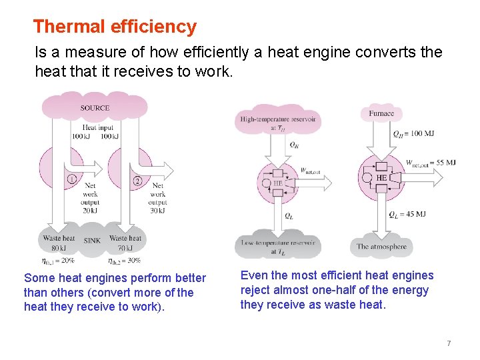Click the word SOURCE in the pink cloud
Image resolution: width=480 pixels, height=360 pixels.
tap(95, 108)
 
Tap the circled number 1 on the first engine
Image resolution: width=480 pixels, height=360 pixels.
tap(71, 179)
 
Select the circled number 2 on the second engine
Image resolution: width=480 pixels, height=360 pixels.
tap(137, 180)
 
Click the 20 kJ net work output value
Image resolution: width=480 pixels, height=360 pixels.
tap(90, 211)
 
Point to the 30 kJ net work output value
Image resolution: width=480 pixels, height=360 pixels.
tap(157, 211)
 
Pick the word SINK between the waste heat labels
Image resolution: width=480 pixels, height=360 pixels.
tap(92, 240)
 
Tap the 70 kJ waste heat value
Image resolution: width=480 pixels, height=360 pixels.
tap(126, 249)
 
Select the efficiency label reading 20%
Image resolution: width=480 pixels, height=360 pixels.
tap(59, 260)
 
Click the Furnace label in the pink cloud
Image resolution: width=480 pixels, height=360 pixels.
tap(381, 113)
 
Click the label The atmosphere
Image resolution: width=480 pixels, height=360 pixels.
tap(381, 246)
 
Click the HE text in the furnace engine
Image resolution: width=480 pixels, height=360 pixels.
tap(381, 178)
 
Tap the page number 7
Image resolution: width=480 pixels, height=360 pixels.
tap(449, 343)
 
